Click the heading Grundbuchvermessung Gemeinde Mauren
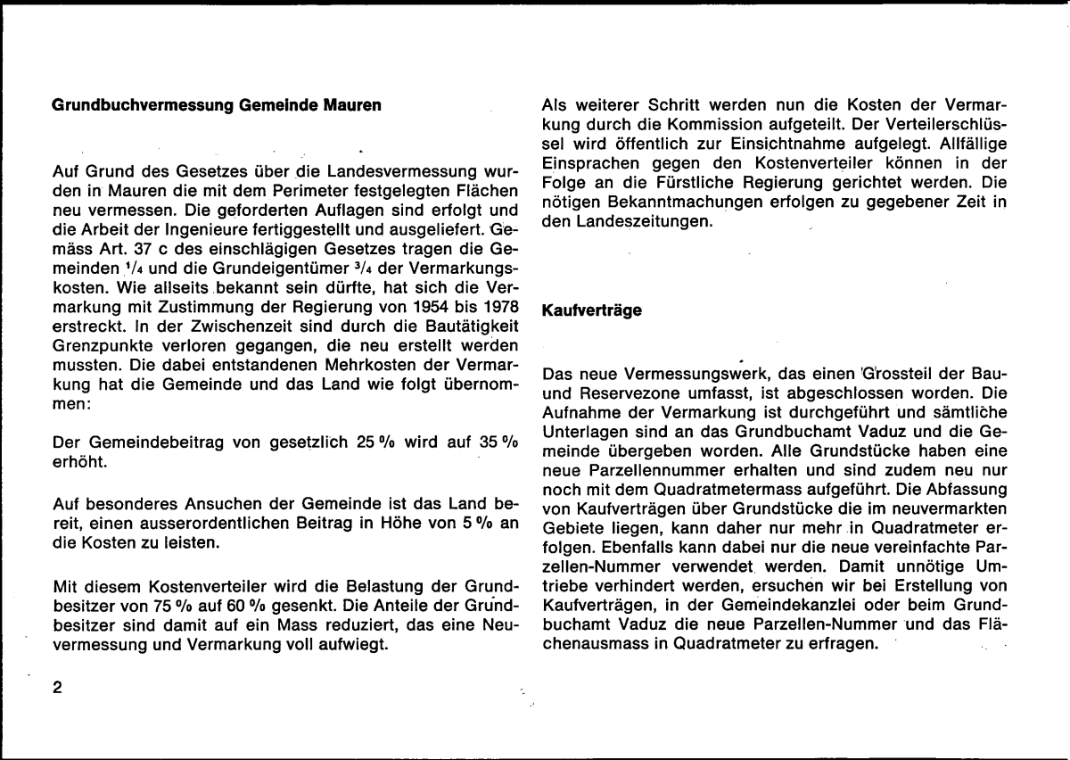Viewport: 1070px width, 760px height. coord(218,105)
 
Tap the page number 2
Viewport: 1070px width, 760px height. coord(59,688)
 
